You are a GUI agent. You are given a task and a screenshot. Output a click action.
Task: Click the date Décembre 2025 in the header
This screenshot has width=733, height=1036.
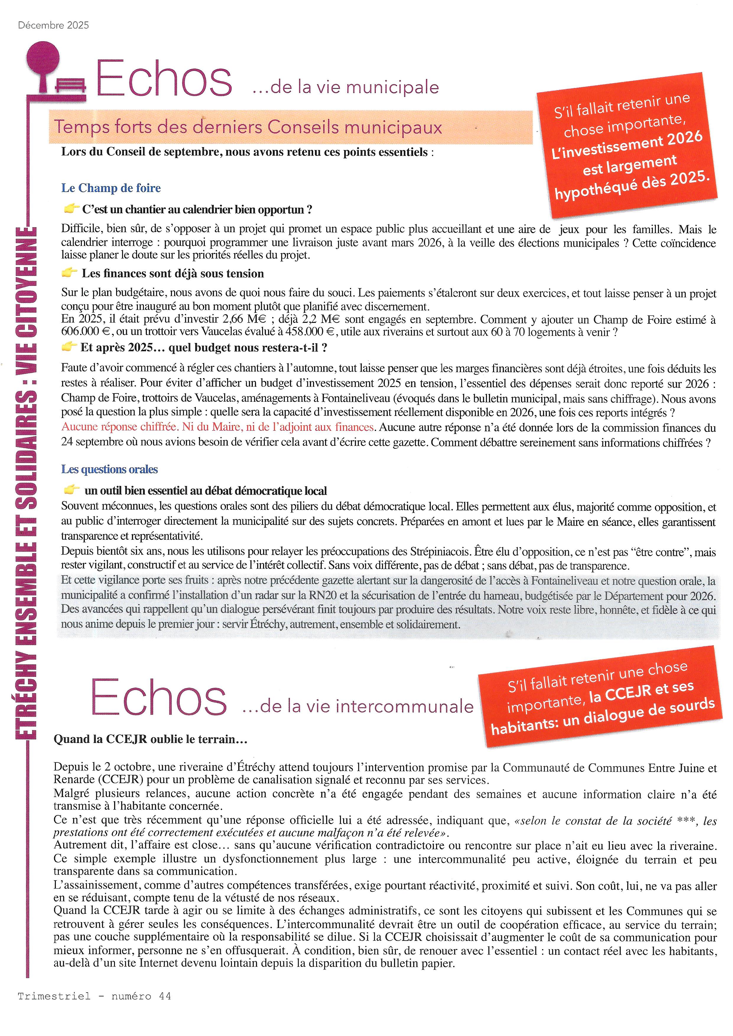[53, 25]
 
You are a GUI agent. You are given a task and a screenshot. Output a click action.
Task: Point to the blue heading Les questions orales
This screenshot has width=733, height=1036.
[110, 469]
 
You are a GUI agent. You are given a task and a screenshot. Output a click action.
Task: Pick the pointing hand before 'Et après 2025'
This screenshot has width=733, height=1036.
[69, 347]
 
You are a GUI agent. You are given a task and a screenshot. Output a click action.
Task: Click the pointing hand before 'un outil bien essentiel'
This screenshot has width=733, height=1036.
[72, 489]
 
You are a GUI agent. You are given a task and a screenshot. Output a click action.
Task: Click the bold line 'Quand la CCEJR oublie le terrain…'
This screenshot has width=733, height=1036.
[151, 739]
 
